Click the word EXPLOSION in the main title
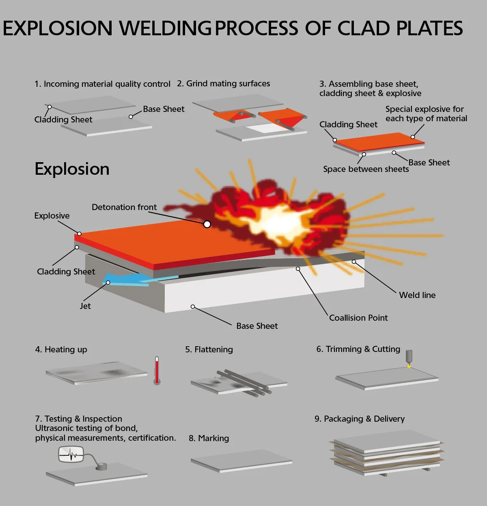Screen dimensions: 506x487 click(58, 28)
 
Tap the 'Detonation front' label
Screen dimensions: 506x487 click(124, 207)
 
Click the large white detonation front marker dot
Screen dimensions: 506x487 click(207, 224)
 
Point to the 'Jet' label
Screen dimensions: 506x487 click(85, 306)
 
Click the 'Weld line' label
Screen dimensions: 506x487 click(417, 295)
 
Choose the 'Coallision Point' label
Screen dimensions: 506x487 click(358, 318)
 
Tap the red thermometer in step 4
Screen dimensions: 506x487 click(157, 371)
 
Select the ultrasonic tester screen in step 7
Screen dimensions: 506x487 click(71, 454)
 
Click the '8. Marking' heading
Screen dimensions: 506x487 click(209, 438)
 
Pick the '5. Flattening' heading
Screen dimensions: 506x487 click(209, 349)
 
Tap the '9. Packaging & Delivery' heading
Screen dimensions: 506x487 click(360, 419)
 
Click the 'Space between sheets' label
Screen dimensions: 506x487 click(366, 169)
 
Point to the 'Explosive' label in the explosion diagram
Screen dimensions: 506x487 click(52, 216)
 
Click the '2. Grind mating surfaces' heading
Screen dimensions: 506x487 click(223, 84)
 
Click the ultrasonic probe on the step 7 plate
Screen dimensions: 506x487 click(101, 467)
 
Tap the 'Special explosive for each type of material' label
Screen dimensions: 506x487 click(426, 114)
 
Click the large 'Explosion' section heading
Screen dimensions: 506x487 click(72, 169)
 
